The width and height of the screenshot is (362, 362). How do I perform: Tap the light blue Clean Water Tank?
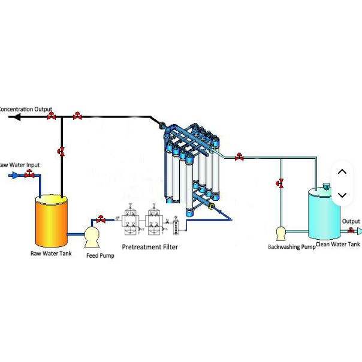pyautogui.click(x=324, y=213)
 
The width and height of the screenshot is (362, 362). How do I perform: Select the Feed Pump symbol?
pyautogui.click(x=92, y=236)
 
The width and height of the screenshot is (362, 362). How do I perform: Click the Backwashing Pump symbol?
pyautogui.click(x=280, y=233)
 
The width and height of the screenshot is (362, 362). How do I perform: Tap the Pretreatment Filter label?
pyautogui.click(x=150, y=246)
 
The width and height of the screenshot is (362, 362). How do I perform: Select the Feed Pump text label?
pyautogui.click(x=100, y=256)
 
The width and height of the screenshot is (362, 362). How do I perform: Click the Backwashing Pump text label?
pyautogui.click(x=291, y=246)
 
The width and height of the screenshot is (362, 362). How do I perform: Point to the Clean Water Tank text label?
pyautogui.click(x=337, y=244)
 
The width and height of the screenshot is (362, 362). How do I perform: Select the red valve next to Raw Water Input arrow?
pyautogui.click(x=29, y=174)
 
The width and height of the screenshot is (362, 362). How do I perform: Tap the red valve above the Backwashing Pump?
pyautogui.click(x=280, y=182)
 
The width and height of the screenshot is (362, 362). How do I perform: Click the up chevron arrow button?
pyautogui.click(x=342, y=171)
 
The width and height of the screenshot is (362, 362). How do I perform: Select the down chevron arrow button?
pyautogui.click(x=342, y=195)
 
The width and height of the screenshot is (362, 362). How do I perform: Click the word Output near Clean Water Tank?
pyautogui.click(x=351, y=221)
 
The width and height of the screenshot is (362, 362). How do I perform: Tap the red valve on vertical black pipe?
pyautogui.click(x=61, y=151)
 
